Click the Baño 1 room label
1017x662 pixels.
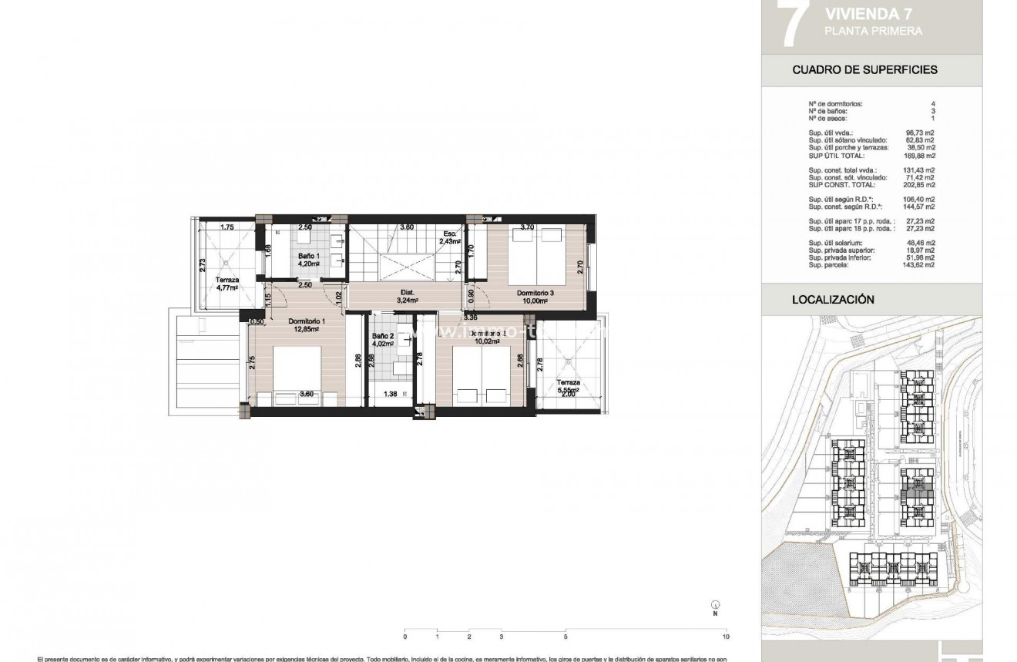coord(309,256)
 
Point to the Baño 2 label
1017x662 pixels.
coord(383,336)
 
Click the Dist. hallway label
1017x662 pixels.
coord(408,292)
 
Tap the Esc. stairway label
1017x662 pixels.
coord(450,234)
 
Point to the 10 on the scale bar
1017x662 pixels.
coord(726,637)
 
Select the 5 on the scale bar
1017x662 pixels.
coord(566,637)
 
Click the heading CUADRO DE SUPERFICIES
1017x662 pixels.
coord(864,69)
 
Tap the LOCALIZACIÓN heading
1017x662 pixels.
coord(833,299)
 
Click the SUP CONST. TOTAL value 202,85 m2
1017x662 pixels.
coord(920,185)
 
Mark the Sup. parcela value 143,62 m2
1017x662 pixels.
coord(920,264)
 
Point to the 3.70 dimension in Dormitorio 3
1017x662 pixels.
coord(527,227)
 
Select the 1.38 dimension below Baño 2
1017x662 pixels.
coord(391,395)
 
